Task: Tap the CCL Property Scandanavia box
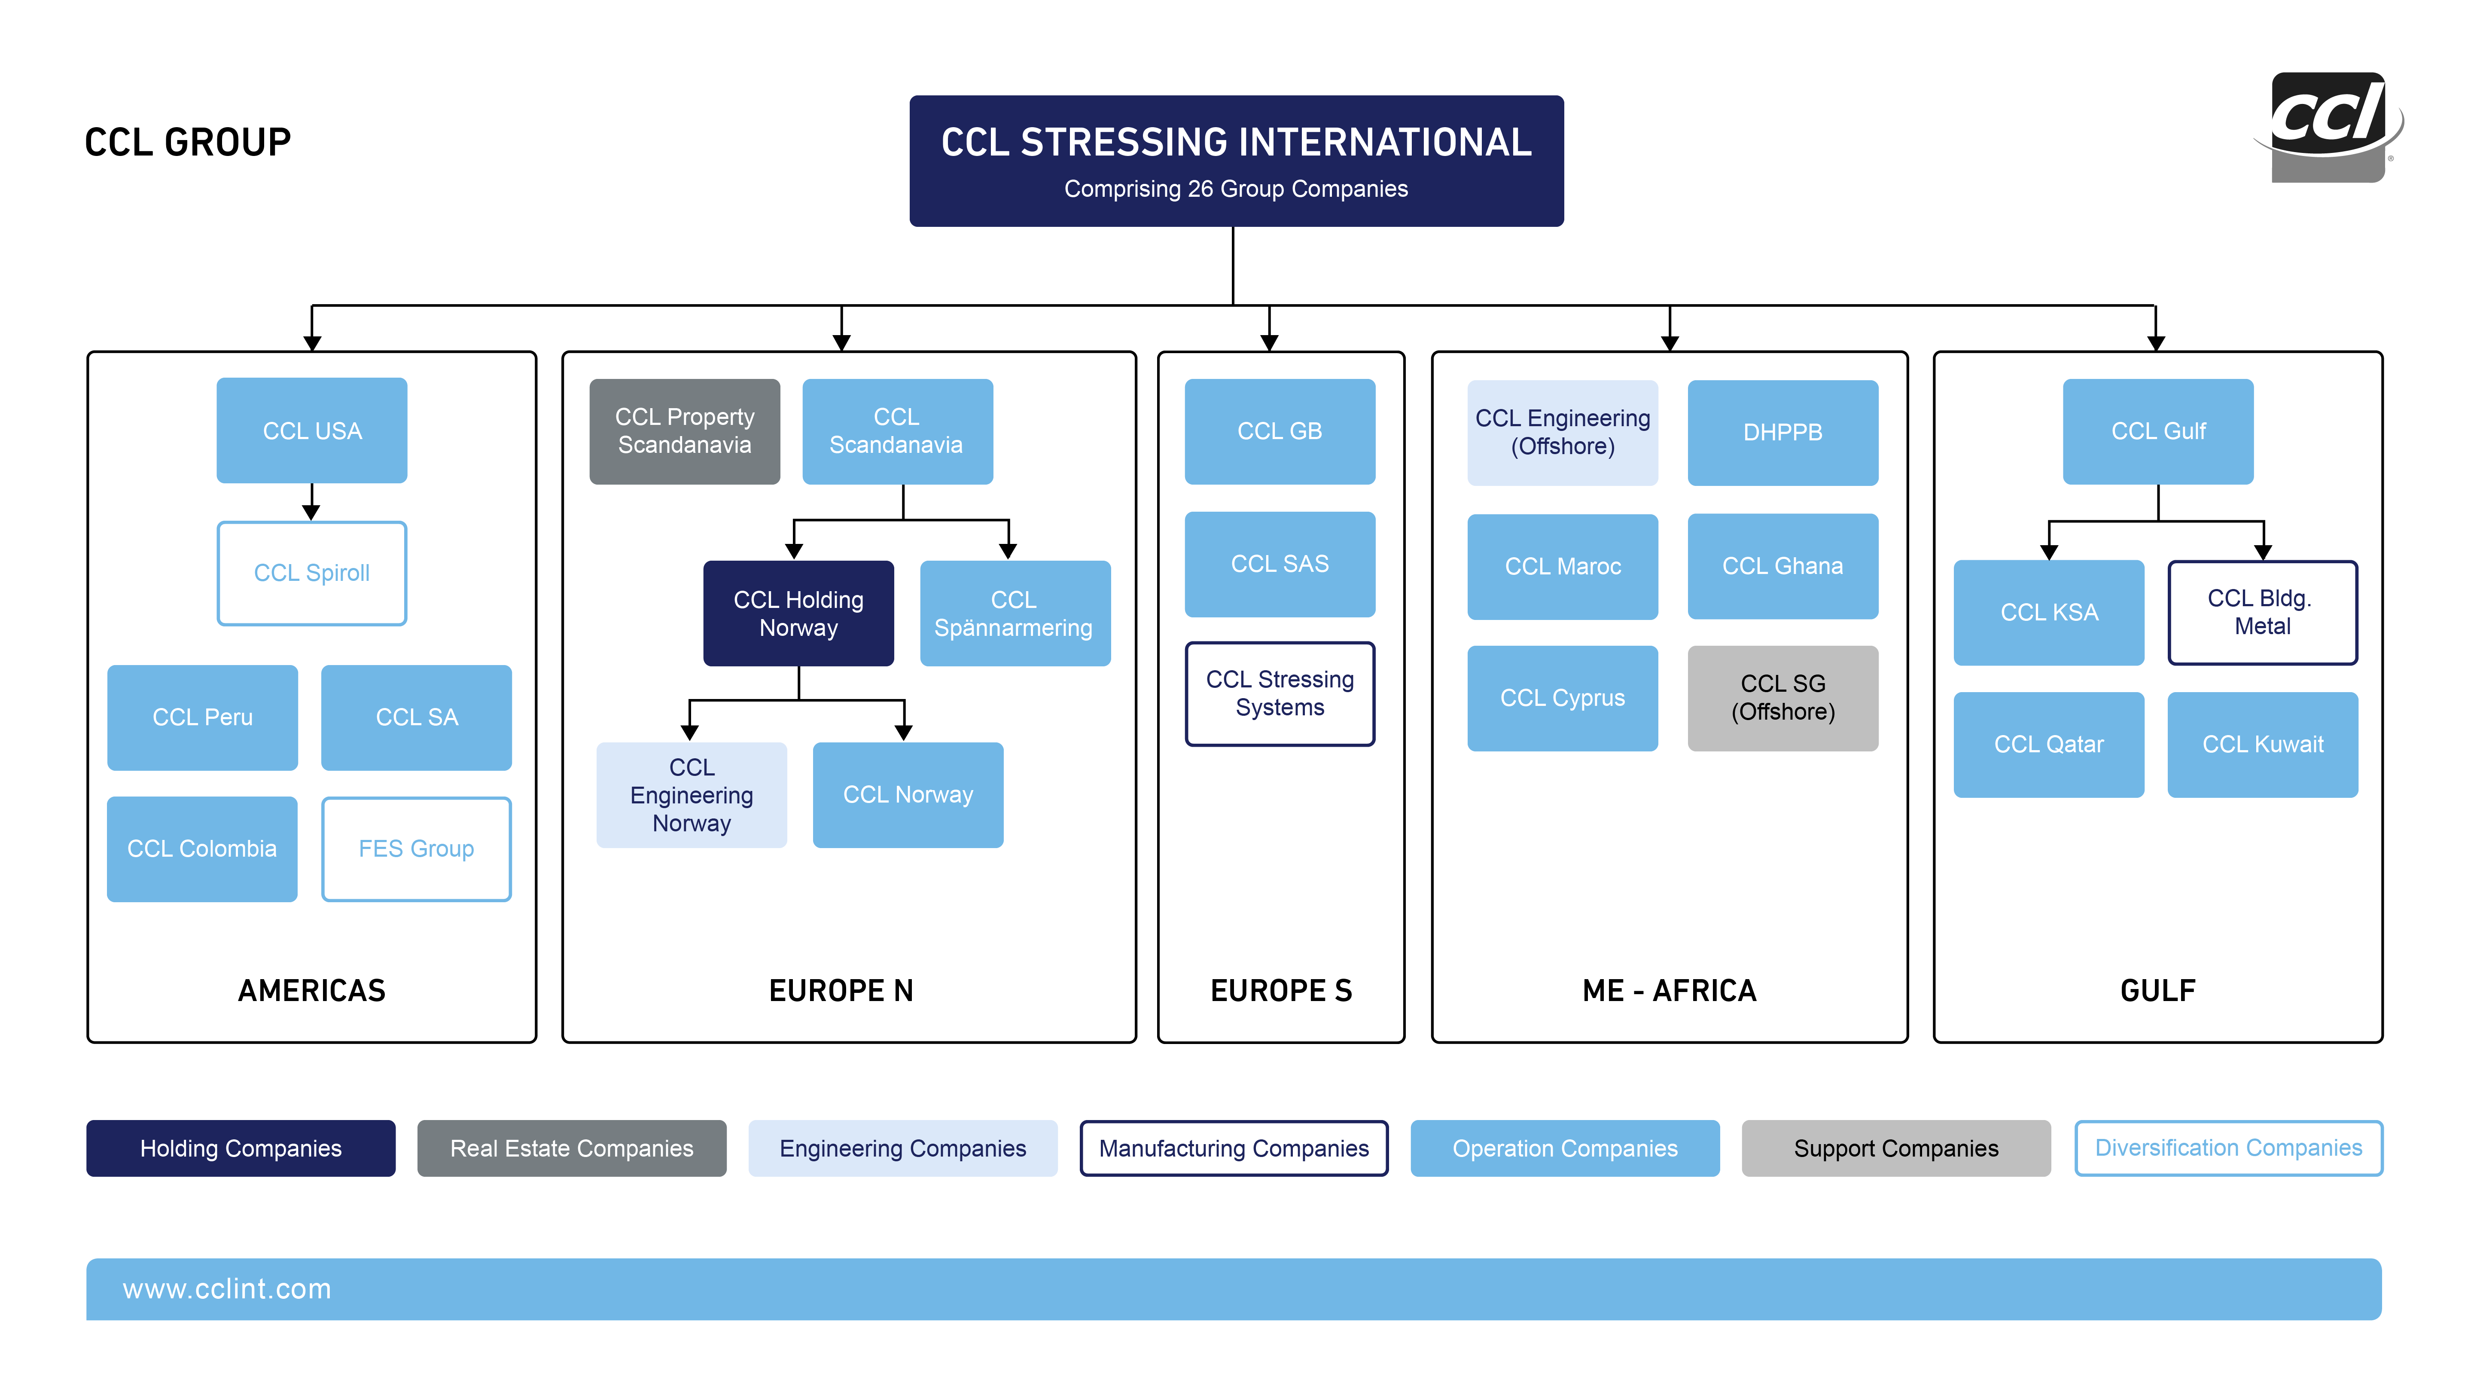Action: pyautogui.click(x=685, y=431)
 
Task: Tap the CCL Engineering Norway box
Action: pyautogui.click(x=692, y=795)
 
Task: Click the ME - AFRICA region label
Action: pyautogui.click(x=1669, y=990)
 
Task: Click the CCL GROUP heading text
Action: pyautogui.click(x=188, y=142)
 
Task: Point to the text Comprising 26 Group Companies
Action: pyautogui.click(x=1236, y=189)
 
